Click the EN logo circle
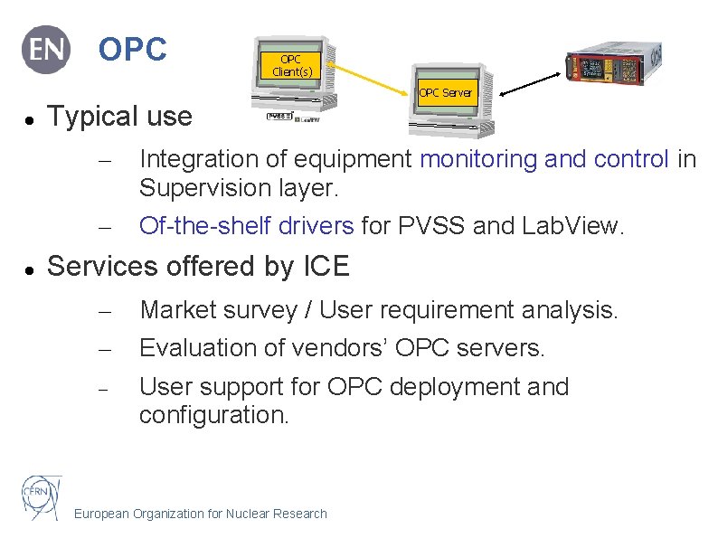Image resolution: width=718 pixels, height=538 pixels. pyautogui.click(x=46, y=50)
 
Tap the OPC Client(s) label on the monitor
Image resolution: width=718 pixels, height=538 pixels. pyautogui.click(x=290, y=65)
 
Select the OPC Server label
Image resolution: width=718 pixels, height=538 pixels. pyautogui.click(x=445, y=92)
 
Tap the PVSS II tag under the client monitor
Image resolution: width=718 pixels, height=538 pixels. pyautogui.click(x=279, y=117)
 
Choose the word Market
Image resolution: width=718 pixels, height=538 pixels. pyautogui.click(x=180, y=311)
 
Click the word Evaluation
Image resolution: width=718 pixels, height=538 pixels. pyautogui.click(x=200, y=348)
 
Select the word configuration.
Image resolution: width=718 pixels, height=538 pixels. pyautogui.click(x=213, y=416)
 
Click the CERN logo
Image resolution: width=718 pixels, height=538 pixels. pyautogui.click(x=42, y=496)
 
